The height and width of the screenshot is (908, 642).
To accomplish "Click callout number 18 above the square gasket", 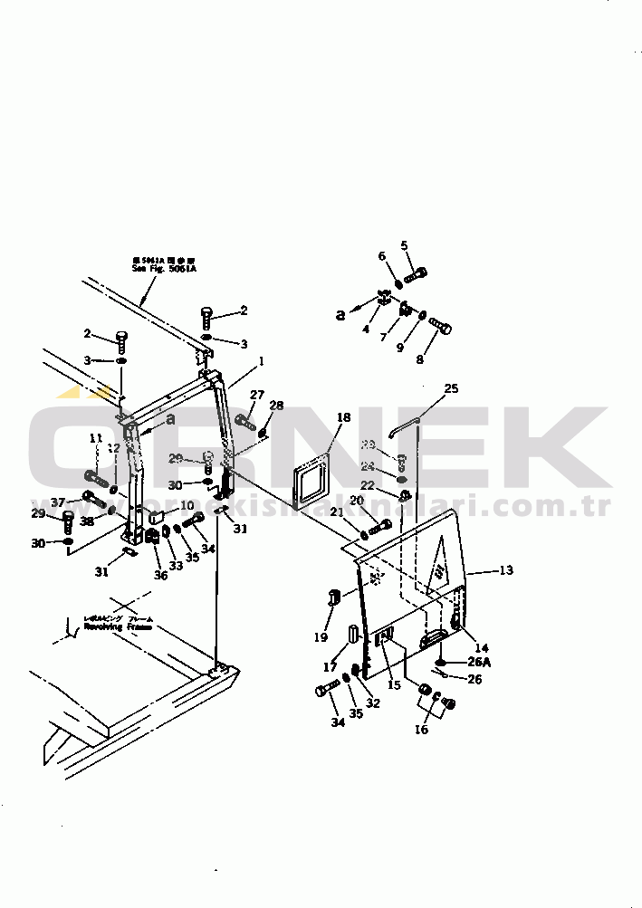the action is tap(343, 417).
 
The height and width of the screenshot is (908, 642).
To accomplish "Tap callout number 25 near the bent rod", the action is tap(451, 388).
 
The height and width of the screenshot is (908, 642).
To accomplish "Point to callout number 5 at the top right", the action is tap(404, 244).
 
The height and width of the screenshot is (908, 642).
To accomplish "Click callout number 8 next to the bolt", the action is tap(418, 358).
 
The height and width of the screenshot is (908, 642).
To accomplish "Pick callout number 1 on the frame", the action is tap(261, 360).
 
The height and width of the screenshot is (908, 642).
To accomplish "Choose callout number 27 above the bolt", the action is tap(257, 394).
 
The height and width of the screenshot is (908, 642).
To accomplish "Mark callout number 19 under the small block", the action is tap(321, 637).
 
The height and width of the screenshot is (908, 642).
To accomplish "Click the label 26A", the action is tap(480, 661).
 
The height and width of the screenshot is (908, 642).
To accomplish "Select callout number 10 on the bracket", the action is tap(187, 505).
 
